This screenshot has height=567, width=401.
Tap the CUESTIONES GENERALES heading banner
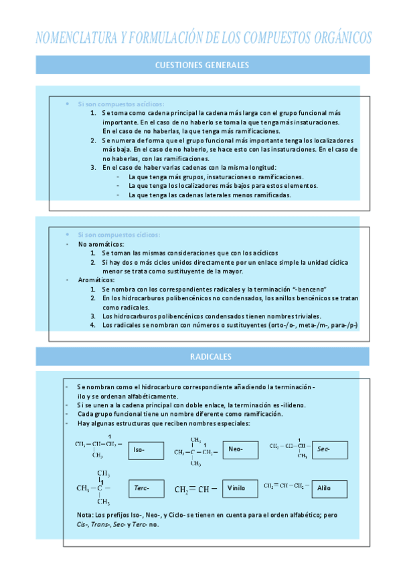point(202,65)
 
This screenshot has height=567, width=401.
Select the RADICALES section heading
point(202,356)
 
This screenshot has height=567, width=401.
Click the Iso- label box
point(146,450)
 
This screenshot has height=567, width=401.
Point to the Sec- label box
point(329,450)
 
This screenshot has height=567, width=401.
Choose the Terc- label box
point(146,488)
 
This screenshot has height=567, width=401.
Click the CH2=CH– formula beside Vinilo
point(196,489)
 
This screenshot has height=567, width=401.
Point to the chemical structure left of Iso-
point(98,447)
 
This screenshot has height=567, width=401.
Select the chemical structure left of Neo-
point(195,451)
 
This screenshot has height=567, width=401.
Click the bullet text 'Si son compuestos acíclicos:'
point(121,104)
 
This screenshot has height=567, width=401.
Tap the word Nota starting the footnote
point(85,514)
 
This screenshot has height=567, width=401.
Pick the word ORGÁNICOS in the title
point(333,37)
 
